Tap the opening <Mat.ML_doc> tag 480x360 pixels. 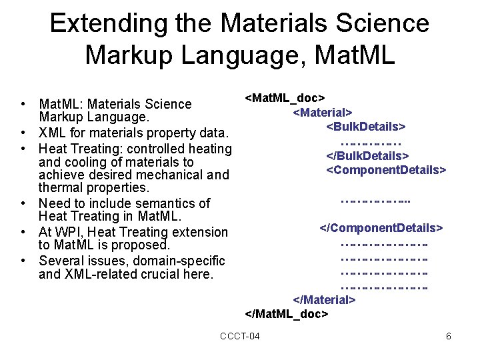tap(285, 99)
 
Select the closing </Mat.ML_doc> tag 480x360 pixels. tap(287, 313)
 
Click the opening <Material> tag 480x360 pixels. tap(323, 113)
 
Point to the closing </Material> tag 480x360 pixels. tap(325, 300)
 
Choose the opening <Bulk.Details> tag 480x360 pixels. tap(366, 127)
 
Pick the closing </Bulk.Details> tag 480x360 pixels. tap(367, 156)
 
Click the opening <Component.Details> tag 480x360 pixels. tap(385, 170)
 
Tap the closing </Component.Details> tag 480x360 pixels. tap(381, 228)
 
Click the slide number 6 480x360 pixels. tap(449, 336)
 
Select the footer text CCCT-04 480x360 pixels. tap(240, 336)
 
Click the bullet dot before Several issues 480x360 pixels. tap(23, 261)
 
